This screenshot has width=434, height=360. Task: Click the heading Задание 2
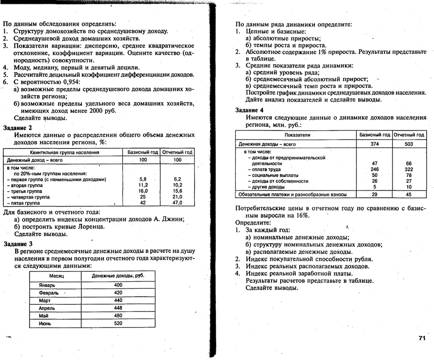[x=18, y=128]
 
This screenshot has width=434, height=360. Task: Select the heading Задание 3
[x=18, y=243]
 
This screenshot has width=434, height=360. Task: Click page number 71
[x=422, y=338]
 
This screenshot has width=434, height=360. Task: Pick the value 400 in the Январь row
[x=118, y=285]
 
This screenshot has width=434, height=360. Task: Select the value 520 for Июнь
[x=118, y=323]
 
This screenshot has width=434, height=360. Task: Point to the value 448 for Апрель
[x=118, y=308]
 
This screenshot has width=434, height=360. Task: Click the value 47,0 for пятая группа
[x=177, y=202]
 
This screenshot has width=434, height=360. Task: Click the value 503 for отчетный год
[x=408, y=144]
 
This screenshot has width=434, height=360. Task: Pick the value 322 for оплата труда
[x=408, y=170]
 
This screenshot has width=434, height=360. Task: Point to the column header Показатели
[x=297, y=135]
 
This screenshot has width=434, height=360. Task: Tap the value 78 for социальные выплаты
[x=408, y=175]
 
